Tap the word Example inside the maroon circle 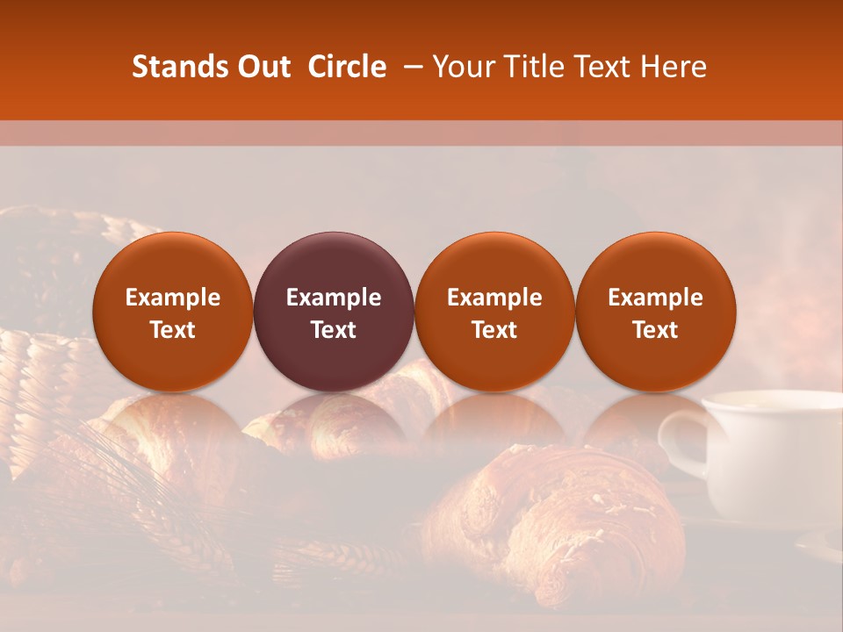coord(334,298)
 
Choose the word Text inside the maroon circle coord(334,330)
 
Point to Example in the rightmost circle coord(655,298)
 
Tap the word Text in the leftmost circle coord(173,330)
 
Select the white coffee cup coord(773,456)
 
